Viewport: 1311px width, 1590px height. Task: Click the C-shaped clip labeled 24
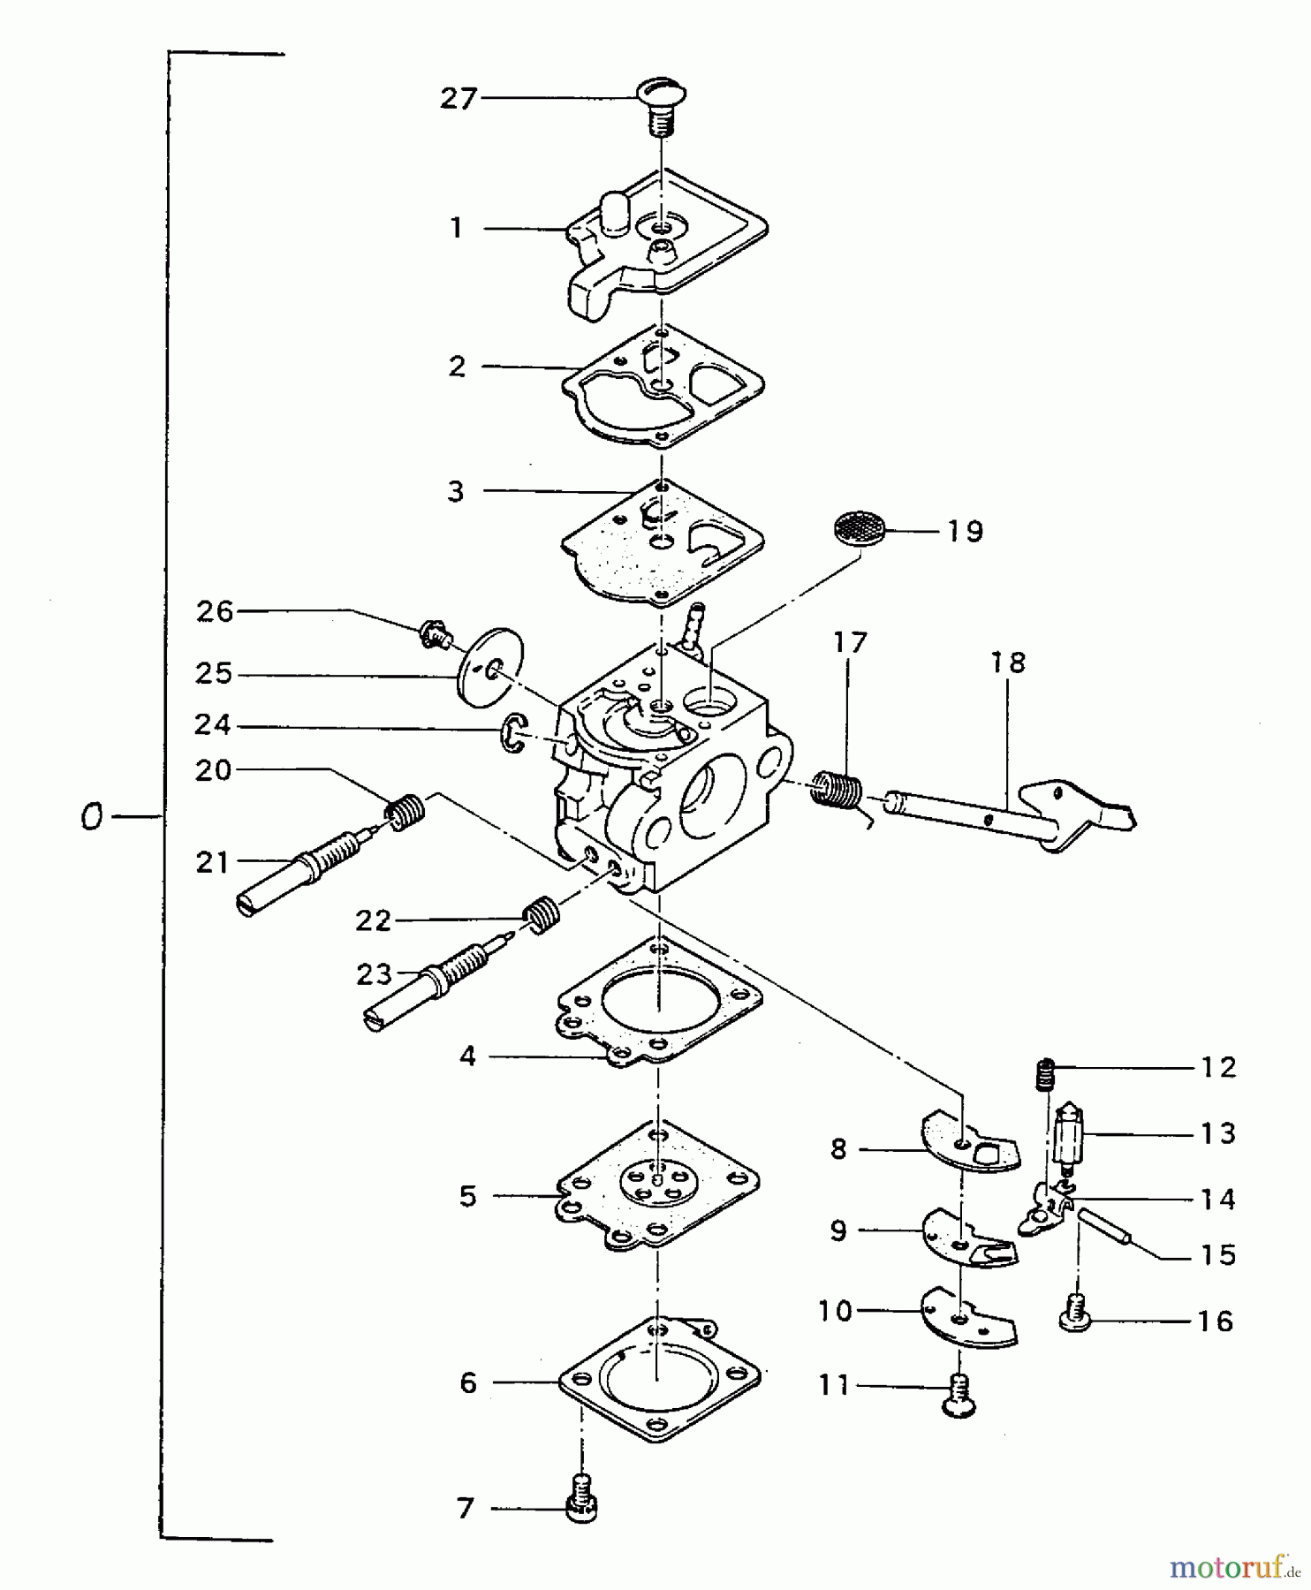click(512, 736)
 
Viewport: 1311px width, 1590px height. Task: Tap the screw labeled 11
click(960, 1396)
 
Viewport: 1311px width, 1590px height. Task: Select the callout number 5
click(467, 1196)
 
